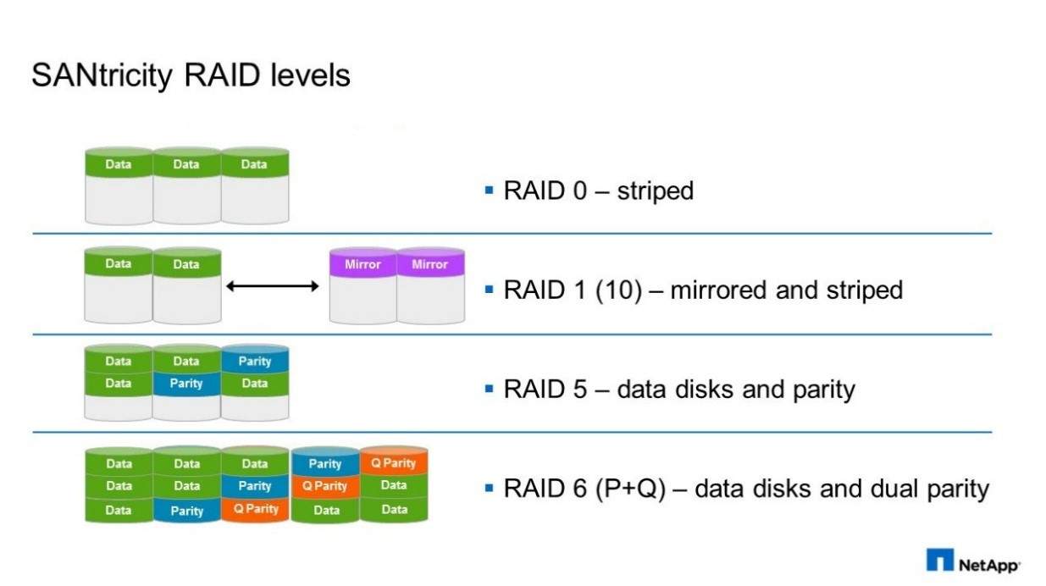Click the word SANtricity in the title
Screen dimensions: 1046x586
102,76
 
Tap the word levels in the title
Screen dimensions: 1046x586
310,75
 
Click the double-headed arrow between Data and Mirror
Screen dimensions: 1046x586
272,285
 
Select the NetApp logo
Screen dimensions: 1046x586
972,561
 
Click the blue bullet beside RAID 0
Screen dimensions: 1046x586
490,190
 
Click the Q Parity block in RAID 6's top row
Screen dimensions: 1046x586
394,462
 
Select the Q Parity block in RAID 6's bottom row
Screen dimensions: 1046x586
256,509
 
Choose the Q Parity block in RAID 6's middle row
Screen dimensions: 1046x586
324,486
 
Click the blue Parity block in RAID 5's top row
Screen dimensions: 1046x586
254,361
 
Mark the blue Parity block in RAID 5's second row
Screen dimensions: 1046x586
186,384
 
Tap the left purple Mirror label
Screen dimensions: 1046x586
363,264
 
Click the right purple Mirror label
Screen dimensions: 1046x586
429,264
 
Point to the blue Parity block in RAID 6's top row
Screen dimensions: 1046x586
325,463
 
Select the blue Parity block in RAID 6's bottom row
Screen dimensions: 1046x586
187,511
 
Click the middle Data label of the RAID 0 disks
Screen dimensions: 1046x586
186,164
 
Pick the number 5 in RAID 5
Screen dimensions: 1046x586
580,390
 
